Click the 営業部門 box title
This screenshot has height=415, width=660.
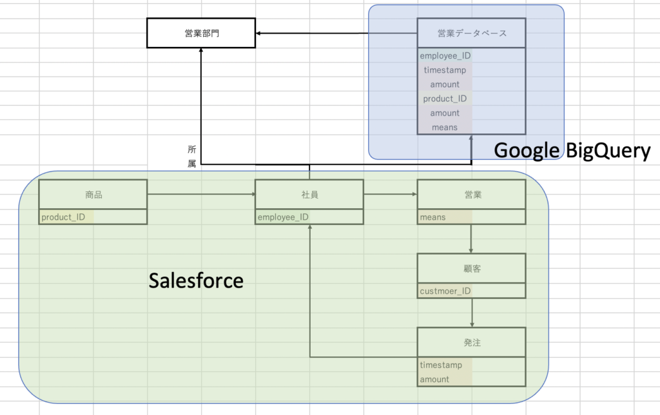click(202, 34)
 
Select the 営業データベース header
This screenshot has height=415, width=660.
click(472, 34)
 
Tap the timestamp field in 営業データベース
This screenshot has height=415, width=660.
click(445, 70)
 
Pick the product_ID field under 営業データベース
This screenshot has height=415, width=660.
click(445, 99)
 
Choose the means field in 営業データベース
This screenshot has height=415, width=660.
click(445, 127)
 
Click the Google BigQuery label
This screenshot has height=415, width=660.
click(572, 151)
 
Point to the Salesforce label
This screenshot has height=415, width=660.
click(196, 280)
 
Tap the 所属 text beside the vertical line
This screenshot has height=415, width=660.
click(192, 156)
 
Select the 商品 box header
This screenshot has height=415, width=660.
click(93, 195)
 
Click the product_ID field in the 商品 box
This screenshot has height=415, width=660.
click(63, 217)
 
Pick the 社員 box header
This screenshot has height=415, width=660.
click(310, 195)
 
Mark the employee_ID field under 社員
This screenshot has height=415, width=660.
click(283, 217)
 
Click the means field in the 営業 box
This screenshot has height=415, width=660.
click(432, 217)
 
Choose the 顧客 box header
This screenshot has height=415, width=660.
click(472, 269)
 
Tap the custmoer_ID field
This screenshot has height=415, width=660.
click(445, 291)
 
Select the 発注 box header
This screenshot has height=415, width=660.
click(472, 343)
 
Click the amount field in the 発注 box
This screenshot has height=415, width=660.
click(434, 379)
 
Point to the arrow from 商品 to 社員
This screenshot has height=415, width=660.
click(202, 194)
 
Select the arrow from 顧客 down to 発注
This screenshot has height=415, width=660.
click(472, 313)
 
